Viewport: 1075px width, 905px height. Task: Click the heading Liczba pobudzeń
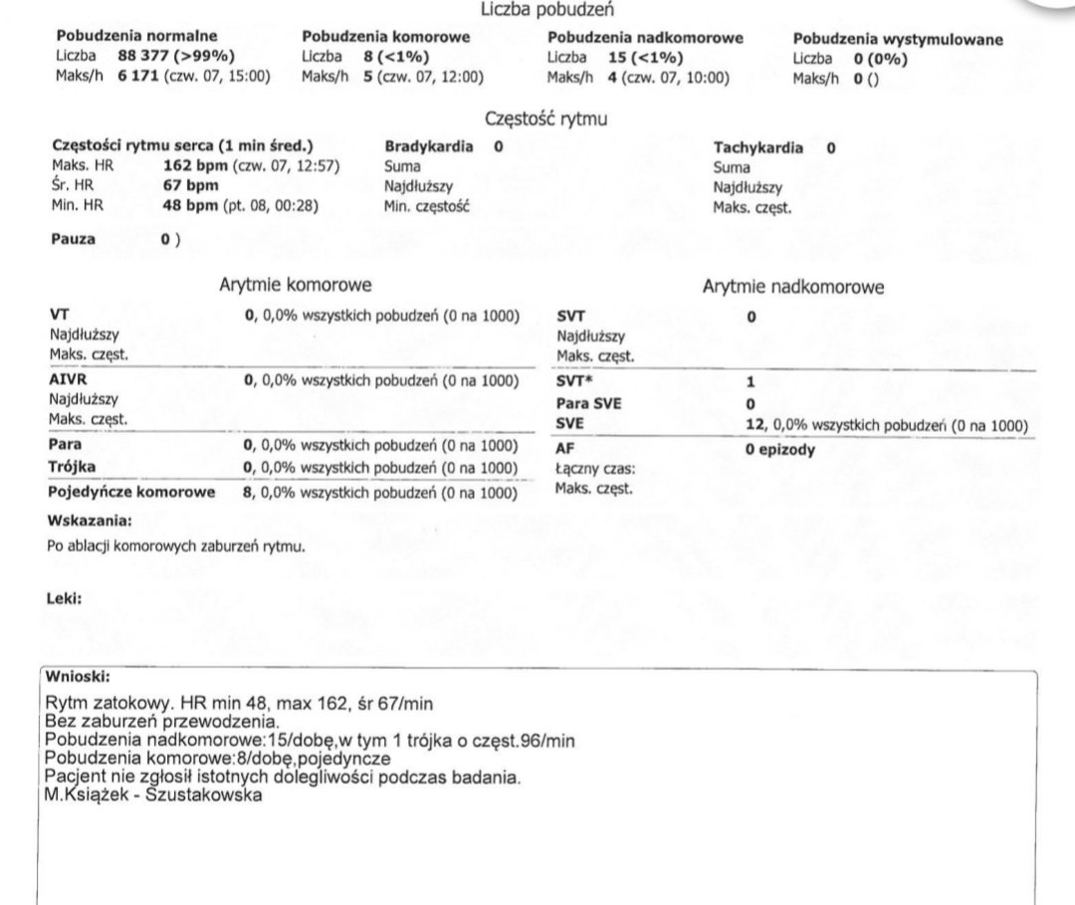click(546, 11)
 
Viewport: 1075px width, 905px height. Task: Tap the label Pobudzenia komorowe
click(385, 38)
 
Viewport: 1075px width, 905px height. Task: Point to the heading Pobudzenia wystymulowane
click(898, 40)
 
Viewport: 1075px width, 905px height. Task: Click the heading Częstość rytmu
click(546, 118)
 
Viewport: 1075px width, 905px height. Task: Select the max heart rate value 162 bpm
click(194, 166)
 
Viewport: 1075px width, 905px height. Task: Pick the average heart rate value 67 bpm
click(190, 186)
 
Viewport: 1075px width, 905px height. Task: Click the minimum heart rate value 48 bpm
click(194, 206)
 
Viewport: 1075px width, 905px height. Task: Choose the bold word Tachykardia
click(758, 148)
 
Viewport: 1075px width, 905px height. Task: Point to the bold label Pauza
click(73, 239)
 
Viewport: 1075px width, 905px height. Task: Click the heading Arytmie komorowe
click(296, 286)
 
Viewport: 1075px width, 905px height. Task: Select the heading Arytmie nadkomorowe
click(793, 287)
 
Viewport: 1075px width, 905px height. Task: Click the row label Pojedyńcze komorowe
click(132, 492)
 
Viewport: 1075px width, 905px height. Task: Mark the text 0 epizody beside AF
click(780, 449)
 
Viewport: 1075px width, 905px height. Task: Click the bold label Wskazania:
click(89, 521)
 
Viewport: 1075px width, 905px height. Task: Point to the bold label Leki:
click(65, 598)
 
